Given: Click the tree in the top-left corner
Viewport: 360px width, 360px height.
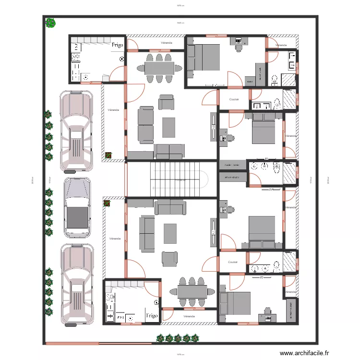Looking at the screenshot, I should [49, 23].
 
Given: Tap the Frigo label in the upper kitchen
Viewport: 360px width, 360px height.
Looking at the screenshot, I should [118, 45].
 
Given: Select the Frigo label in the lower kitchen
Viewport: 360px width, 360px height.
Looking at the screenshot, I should [152, 316].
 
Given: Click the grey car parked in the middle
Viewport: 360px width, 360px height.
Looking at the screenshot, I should [77, 207].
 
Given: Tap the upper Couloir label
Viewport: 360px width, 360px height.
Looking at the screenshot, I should [234, 99].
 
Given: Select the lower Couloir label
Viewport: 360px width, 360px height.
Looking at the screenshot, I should [233, 262].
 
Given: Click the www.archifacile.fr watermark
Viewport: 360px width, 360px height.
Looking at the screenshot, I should [305, 353].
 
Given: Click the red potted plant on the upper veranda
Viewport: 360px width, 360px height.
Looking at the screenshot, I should [108, 155].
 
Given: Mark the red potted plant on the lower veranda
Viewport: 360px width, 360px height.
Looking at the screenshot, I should [107, 204].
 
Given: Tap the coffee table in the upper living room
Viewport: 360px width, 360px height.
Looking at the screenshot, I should [169, 127].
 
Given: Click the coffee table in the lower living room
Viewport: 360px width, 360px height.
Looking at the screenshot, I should [170, 234].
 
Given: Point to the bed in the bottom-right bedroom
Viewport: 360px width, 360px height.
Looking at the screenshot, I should [235, 304].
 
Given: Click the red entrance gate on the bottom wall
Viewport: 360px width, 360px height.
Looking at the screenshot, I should [72, 343].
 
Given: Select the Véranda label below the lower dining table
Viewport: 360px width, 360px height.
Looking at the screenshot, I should [189, 316].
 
